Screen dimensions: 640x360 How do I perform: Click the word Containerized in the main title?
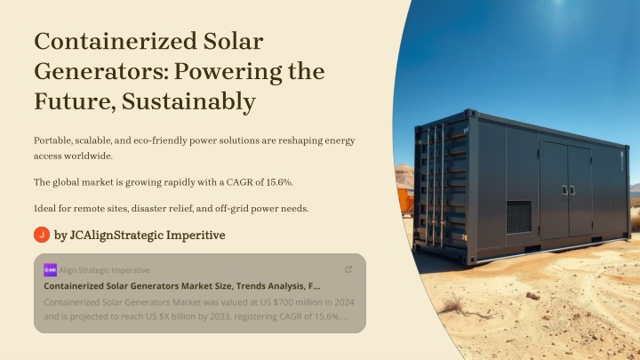(116, 41)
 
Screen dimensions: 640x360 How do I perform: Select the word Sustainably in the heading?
(189, 101)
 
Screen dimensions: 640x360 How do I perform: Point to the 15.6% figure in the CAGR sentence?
(279, 182)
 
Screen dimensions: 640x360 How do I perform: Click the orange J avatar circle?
(42, 235)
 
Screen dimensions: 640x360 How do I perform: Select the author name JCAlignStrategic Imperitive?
(148, 235)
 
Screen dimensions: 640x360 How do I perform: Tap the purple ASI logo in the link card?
(50, 270)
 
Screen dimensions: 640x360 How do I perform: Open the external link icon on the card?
(348, 269)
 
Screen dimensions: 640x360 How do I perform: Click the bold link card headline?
(182, 286)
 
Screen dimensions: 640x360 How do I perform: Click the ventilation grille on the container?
(519, 217)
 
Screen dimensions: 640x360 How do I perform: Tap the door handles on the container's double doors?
(569, 190)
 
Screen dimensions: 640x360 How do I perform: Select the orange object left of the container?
(405, 200)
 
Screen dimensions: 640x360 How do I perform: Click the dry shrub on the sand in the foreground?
(461, 307)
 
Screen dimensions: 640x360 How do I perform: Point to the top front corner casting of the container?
(470, 113)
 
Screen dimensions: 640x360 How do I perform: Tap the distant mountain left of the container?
(404, 176)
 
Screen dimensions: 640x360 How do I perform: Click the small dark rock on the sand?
(532, 296)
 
